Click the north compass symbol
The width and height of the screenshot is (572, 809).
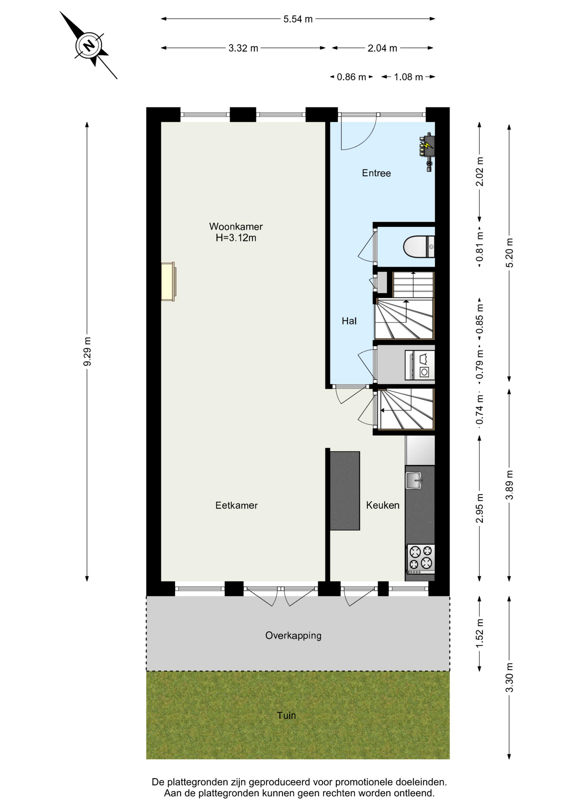[89, 45]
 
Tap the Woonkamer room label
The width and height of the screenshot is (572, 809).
[236, 226]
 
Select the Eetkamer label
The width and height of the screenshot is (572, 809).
[236, 505]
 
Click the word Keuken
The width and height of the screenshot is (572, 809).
[382, 505]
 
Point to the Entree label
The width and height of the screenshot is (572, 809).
[376, 173]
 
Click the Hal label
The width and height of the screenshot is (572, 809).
[349, 321]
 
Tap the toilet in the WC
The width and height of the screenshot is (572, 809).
[419, 246]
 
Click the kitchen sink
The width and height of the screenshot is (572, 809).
[414, 480]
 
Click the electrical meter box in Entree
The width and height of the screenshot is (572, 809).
[427, 151]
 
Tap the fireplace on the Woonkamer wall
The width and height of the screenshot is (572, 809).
[168, 281]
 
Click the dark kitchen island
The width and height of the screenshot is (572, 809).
[345, 491]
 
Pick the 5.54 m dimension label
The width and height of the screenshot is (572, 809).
[298, 19]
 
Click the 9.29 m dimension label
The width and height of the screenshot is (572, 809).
[87, 352]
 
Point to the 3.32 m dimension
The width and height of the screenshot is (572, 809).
[243, 48]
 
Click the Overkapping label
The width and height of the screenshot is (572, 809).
[293, 635]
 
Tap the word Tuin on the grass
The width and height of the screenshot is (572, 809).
[286, 715]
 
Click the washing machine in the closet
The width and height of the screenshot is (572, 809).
[420, 365]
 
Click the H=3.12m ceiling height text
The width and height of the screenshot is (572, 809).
[236, 238]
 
